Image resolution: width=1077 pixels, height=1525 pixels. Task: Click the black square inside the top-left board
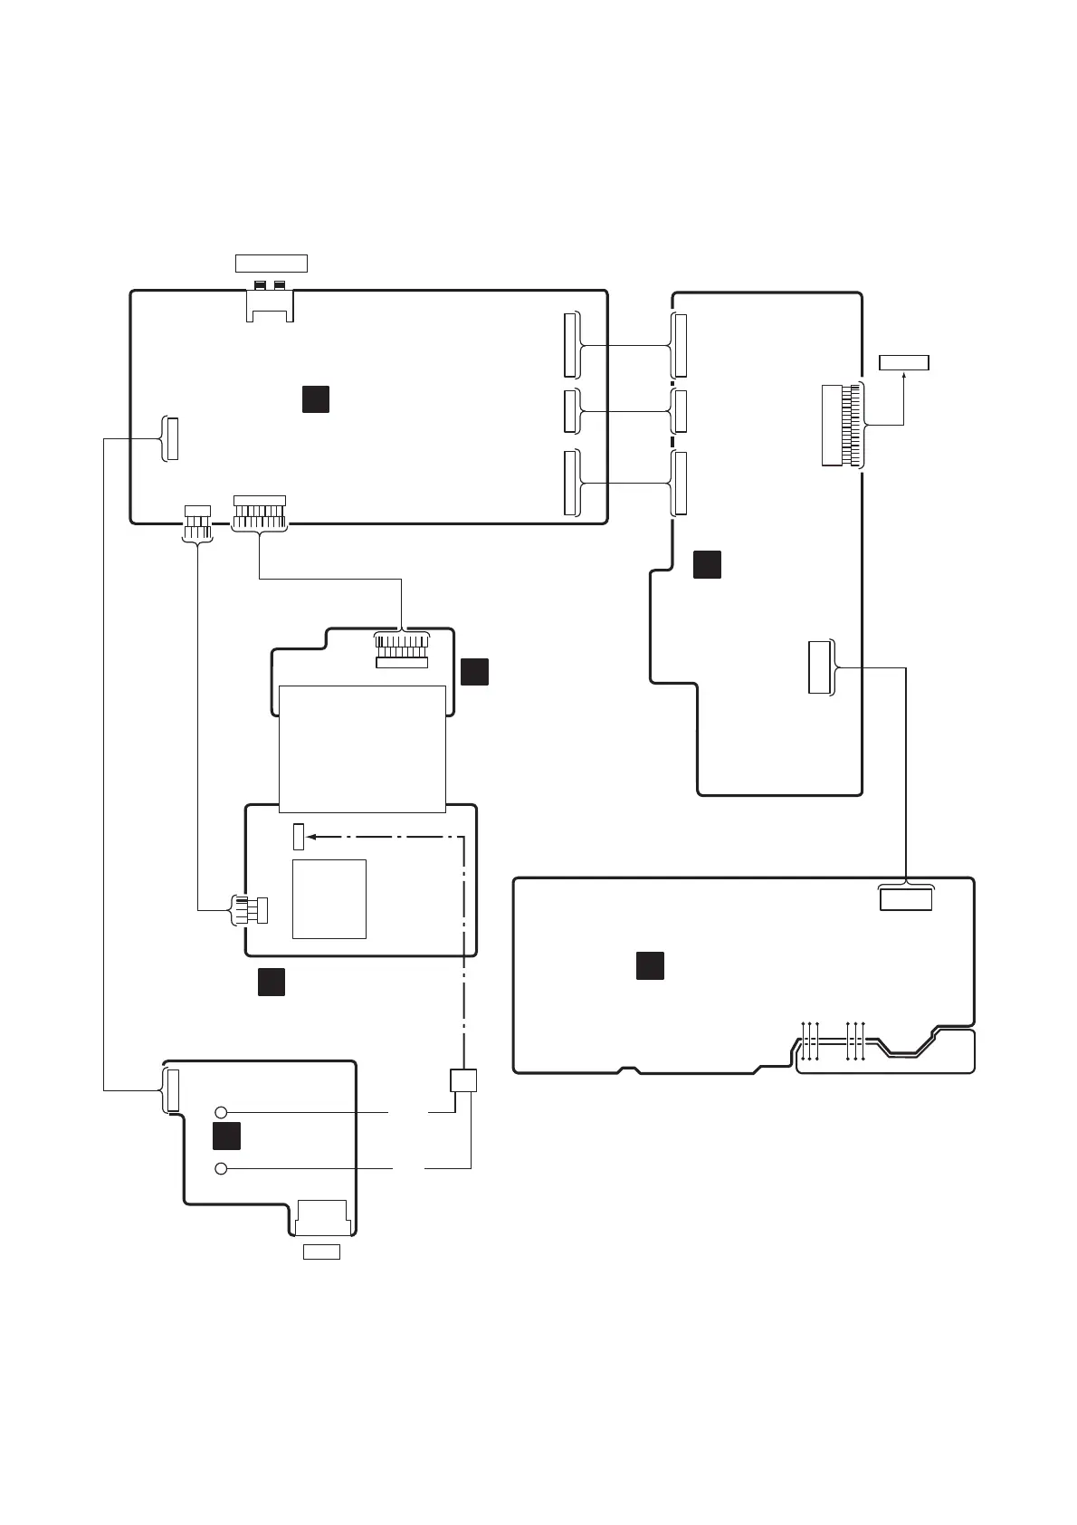[x=315, y=399]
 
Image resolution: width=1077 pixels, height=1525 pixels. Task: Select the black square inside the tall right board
[x=707, y=563]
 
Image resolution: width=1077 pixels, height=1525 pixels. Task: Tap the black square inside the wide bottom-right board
[x=650, y=965]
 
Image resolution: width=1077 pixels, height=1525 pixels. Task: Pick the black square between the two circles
[x=226, y=1137]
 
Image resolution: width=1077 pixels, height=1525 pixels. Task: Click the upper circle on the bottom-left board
[x=221, y=1112]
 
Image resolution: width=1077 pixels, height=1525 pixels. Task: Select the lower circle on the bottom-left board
[x=221, y=1169]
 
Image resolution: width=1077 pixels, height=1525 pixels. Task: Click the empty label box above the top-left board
[x=271, y=264]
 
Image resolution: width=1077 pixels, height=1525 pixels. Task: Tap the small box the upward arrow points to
[x=904, y=363]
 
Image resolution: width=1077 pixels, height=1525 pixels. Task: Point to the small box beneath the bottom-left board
[x=320, y=1252]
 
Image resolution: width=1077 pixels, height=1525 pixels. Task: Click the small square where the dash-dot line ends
[x=463, y=1079]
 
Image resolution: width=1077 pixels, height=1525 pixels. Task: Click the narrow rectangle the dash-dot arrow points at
[x=299, y=837]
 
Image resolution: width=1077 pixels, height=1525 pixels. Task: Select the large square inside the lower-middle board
[x=329, y=898]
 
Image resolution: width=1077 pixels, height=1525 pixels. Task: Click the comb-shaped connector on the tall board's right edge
[x=842, y=426]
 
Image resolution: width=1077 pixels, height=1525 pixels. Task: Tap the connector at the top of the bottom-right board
[x=905, y=898]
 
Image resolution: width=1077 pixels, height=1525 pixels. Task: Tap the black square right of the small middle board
[x=474, y=671]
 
